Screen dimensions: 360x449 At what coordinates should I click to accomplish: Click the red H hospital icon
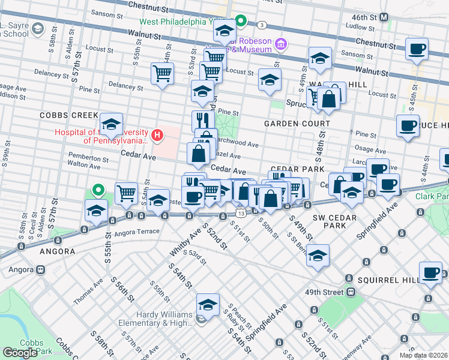tap(157, 136)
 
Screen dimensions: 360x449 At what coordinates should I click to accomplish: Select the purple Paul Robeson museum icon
tap(281, 43)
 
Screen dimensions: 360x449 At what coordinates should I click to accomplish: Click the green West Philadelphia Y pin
tap(241, 22)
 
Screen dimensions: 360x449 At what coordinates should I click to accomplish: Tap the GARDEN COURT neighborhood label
tap(297, 124)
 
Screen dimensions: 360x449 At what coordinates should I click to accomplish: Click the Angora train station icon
tap(41, 270)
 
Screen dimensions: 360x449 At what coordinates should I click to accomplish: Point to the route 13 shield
tap(240, 213)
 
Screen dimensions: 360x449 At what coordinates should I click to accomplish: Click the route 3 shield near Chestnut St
tap(262, 25)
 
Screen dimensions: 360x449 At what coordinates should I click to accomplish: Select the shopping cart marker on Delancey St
tap(162, 74)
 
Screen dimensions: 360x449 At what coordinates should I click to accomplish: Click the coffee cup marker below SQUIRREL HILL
tap(430, 274)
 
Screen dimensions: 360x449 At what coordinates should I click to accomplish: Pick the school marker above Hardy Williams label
tap(208, 305)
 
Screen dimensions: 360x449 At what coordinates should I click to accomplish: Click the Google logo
tap(20, 353)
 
